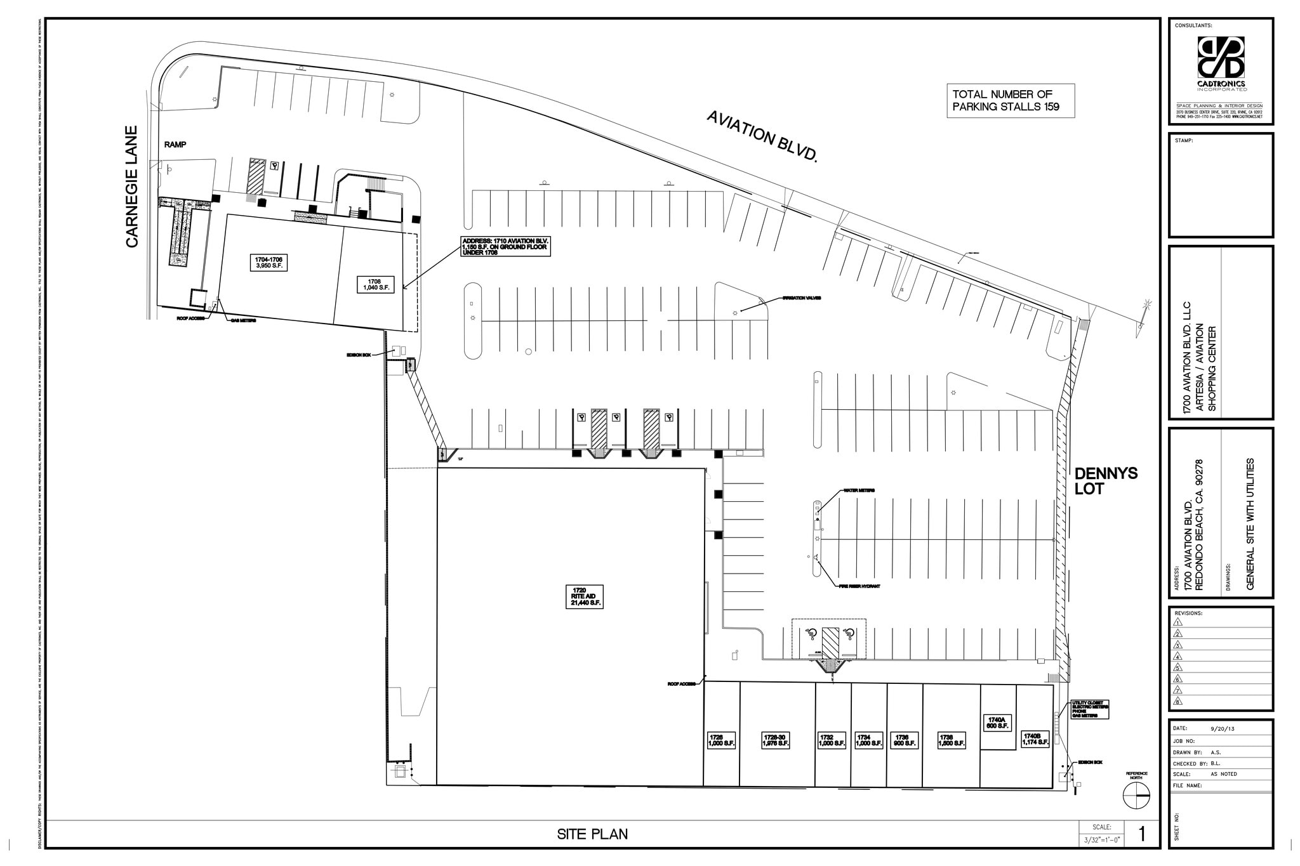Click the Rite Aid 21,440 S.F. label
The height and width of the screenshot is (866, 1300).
click(x=583, y=597)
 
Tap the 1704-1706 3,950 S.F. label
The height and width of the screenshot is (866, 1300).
click(x=269, y=263)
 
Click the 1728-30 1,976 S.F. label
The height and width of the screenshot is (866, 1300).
click(x=775, y=740)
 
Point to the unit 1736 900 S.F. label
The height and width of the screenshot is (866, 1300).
click(x=905, y=740)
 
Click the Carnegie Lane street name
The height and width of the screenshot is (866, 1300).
click(x=132, y=187)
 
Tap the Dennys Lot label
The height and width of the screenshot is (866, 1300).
click(x=1106, y=481)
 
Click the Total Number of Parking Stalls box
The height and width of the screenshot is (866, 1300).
click(x=1011, y=101)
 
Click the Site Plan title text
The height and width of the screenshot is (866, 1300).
click(x=592, y=834)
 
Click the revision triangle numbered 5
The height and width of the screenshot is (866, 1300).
click(x=1178, y=667)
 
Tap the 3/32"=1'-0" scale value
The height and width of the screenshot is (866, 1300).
click(x=1101, y=840)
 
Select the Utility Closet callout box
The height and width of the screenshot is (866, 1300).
click(x=1089, y=710)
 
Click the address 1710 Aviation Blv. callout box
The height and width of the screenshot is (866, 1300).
click(x=505, y=246)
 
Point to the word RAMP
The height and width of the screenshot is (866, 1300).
click(x=175, y=145)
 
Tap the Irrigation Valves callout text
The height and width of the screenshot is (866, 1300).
click(x=801, y=298)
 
